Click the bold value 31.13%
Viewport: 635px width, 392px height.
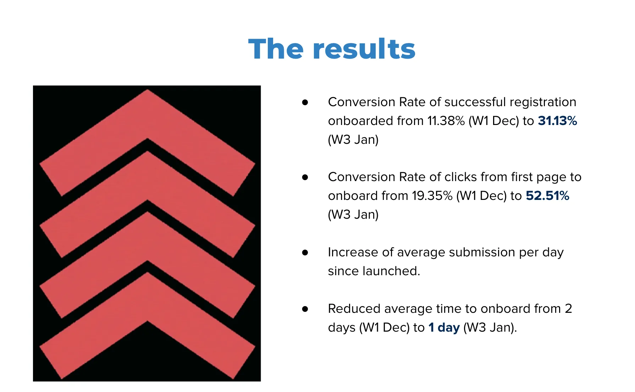pyautogui.click(x=557, y=121)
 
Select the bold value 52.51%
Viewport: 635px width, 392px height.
pyautogui.click(x=547, y=196)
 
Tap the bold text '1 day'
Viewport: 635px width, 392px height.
pyautogui.click(x=444, y=327)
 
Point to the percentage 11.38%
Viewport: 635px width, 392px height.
pyautogui.click(x=446, y=121)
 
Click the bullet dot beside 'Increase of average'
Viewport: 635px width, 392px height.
pyautogui.click(x=305, y=252)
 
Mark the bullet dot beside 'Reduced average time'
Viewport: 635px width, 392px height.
pyautogui.click(x=305, y=309)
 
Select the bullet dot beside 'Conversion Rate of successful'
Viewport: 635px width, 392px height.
pyautogui.click(x=305, y=102)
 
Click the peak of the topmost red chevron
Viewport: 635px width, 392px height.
pyautogui.click(x=148, y=90)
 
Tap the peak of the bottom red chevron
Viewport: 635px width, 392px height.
pyautogui.click(x=148, y=272)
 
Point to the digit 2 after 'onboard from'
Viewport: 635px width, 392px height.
pyautogui.click(x=569, y=309)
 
